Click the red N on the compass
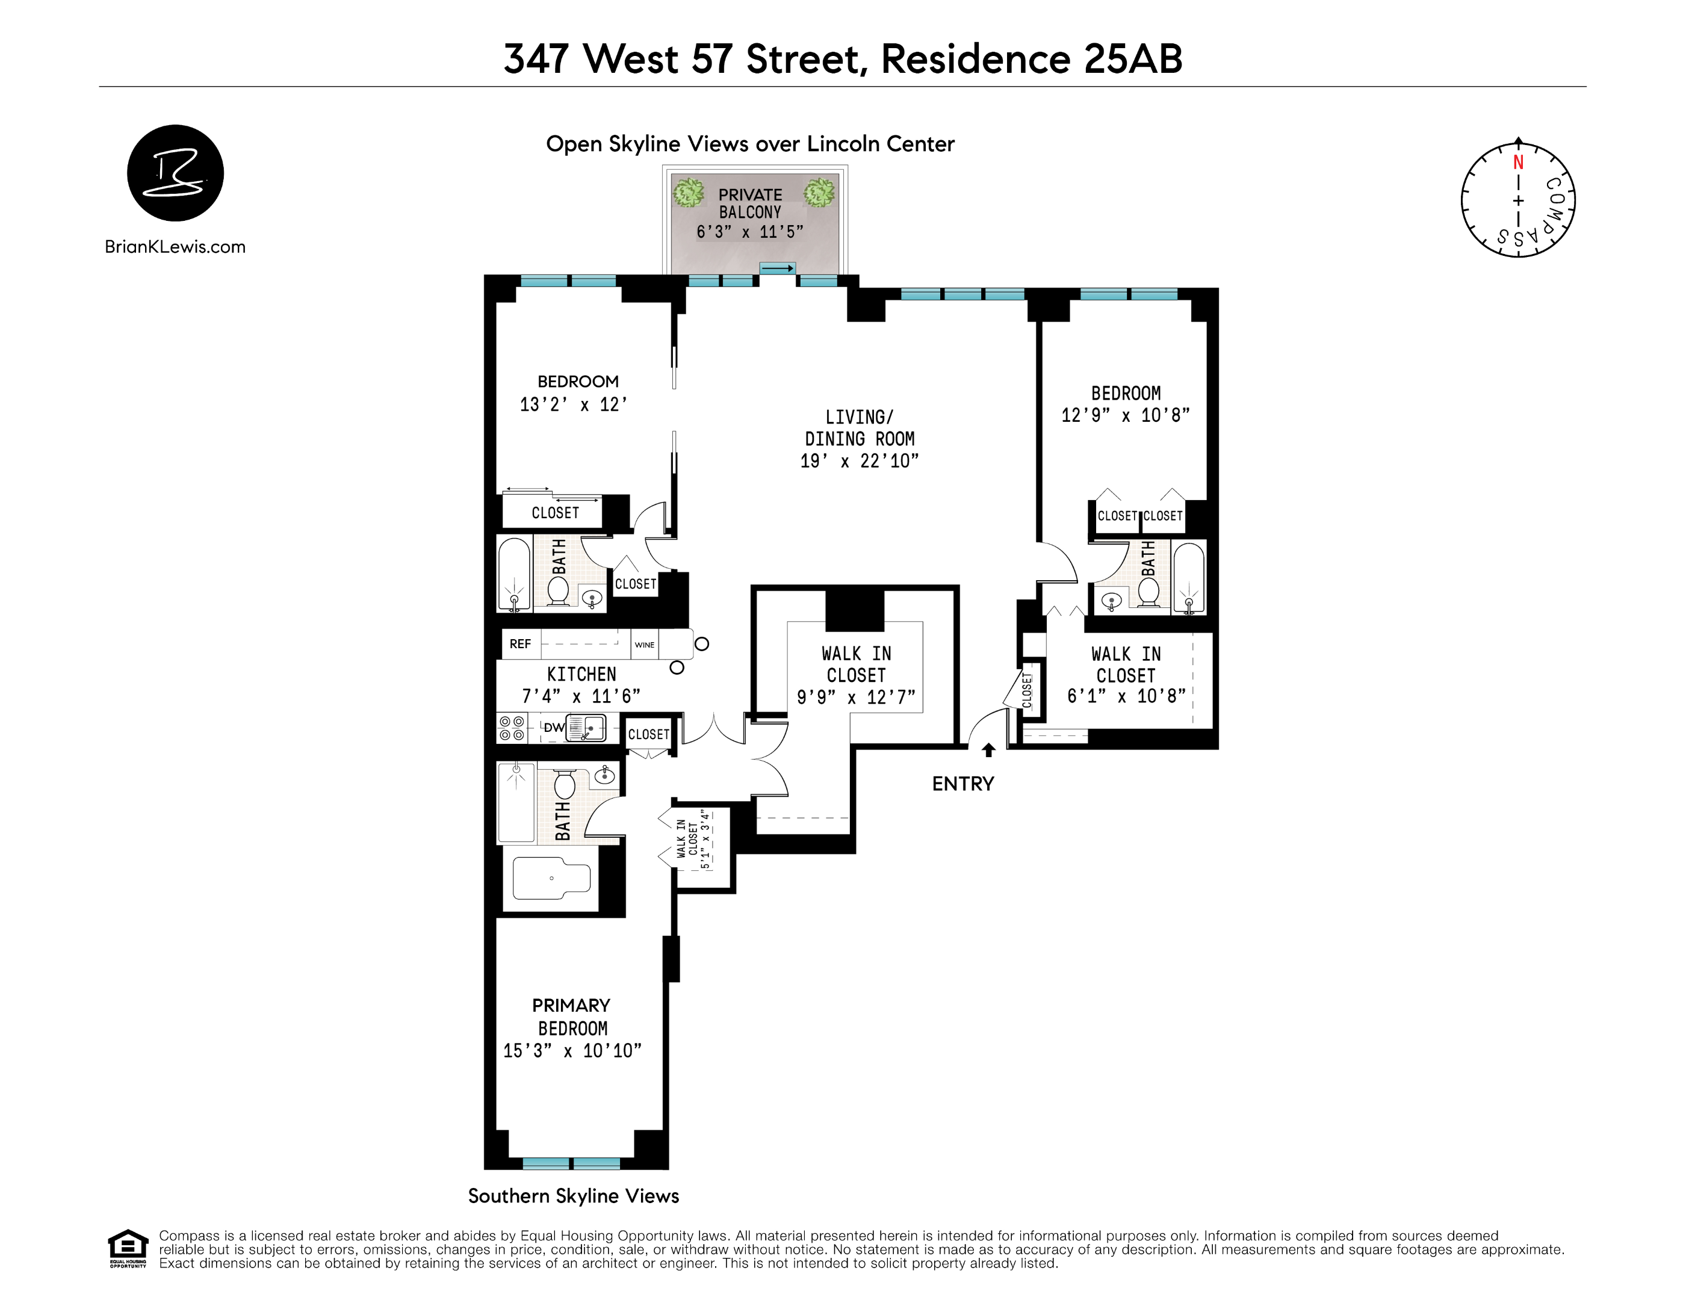pos(1517,163)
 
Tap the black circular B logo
pos(175,173)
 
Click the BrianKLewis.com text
pos(175,247)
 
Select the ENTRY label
pos(962,784)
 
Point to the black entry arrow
pos(988,749)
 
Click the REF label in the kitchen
pos(519,644)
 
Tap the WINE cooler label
pos(645,645)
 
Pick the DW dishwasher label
pos(554,727)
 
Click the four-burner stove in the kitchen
pos(511,728)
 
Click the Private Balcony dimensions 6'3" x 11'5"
pos(749,232)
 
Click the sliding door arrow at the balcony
pos(777,268)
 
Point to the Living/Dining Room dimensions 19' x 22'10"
pos(859,461)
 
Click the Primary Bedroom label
pos(571,1017)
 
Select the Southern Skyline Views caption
pos(574,1196)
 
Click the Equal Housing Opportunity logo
pos(128,1248)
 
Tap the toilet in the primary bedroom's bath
pos(565,784)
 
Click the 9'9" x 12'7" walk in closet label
pos(856,675)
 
